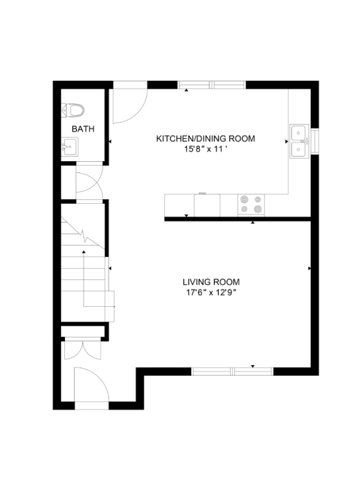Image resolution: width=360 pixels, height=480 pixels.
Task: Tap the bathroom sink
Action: pyautogui.click(x=70, y=147)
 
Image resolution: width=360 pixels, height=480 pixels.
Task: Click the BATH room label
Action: pyautogui.click(x=83, y=129)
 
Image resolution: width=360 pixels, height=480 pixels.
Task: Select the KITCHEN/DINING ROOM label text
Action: pyautogui.click(x=206, y=139)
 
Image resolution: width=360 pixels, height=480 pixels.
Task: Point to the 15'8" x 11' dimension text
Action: pyautogui.click(x=205, y=149)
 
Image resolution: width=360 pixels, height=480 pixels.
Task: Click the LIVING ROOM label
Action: pyautogui.click(x=211, y=282)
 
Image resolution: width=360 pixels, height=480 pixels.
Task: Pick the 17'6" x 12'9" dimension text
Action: pyautogui.click(x=212, y=292)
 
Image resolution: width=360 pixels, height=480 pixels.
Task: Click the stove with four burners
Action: pyautogui.click(x=251, y=204)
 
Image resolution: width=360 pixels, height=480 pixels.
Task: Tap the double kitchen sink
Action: pyautogui.click(x=299, y=141)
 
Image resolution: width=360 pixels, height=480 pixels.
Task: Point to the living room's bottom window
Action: pyautogui.click(x=232, y=372)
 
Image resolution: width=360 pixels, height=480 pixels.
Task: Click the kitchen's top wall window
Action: pyautogui.click(x=212, y=85)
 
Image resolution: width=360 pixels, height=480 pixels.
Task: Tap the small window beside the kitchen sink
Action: pyautogui.click(x=315, y=141)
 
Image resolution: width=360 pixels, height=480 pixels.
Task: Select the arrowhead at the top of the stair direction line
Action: pyautogui.click(x=84, y=252)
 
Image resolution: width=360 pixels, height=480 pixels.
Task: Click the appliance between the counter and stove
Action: pyautogui.click(x=207, y=205)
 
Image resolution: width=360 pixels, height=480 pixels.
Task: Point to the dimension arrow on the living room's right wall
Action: pyautogui.click(x=309, y=269)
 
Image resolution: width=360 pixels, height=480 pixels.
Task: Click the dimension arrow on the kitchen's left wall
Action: pyautogui.click(x=110, y=141)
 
